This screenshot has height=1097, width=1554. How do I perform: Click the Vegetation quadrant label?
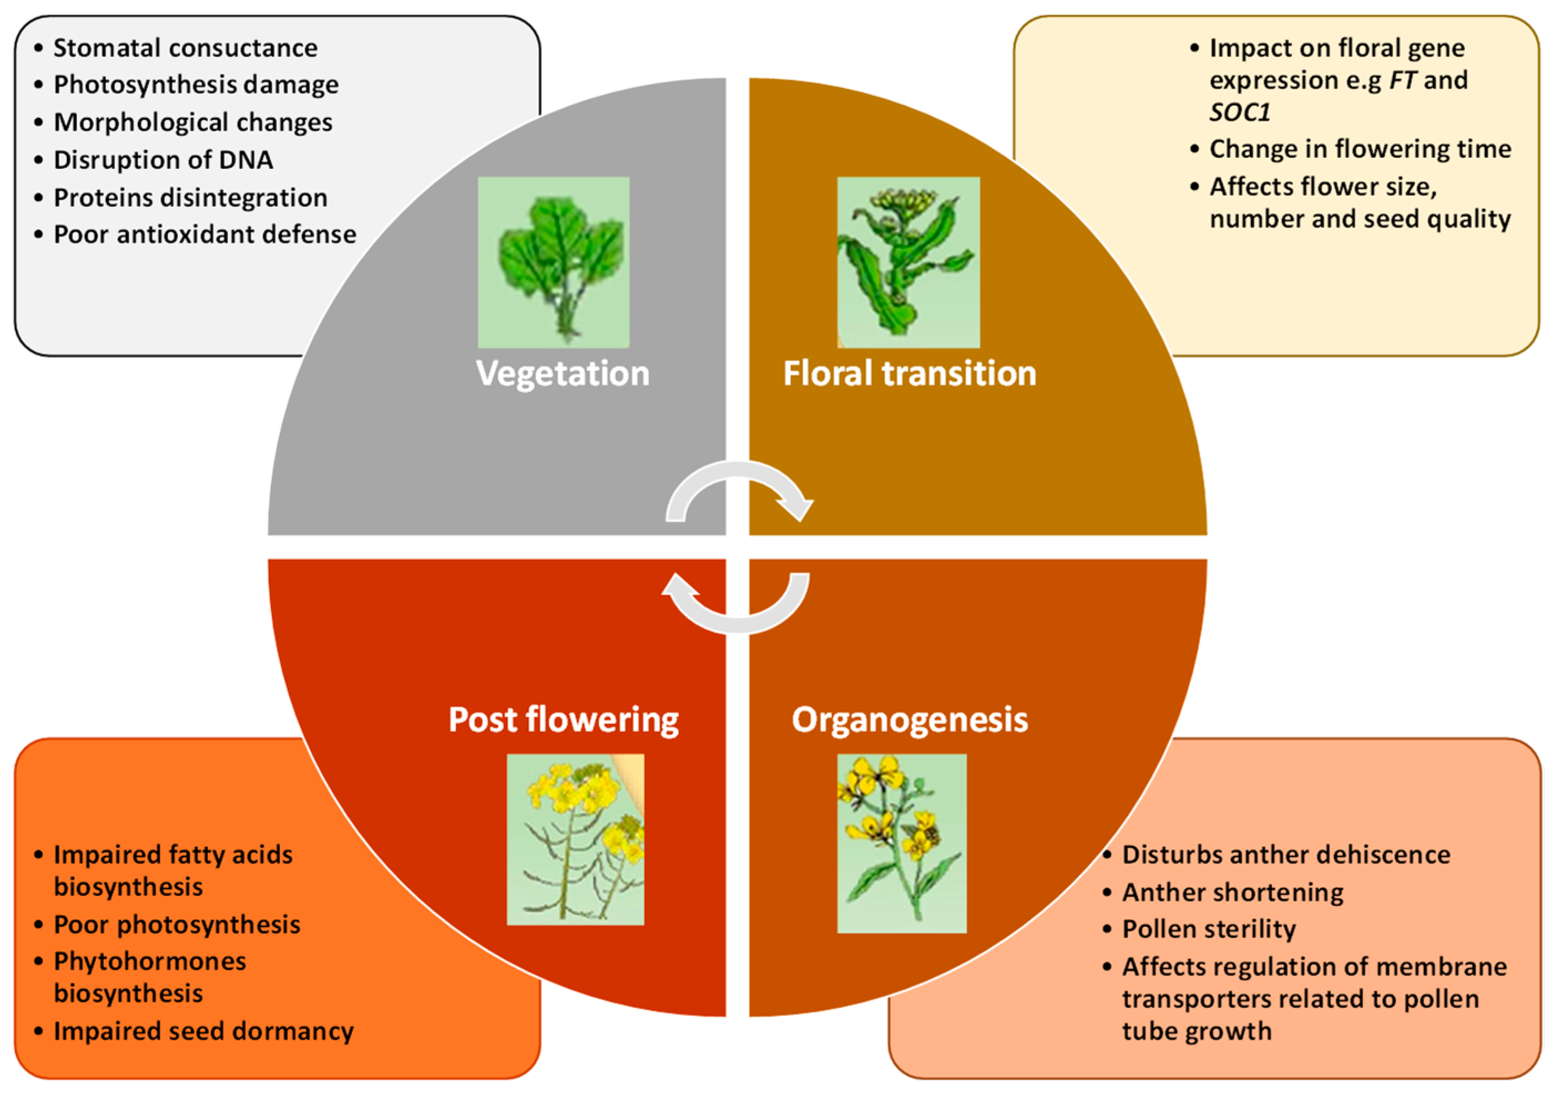pos(563,373)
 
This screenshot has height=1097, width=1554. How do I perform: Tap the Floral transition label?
pos(909,373)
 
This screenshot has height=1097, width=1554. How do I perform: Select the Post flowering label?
pos(563,719)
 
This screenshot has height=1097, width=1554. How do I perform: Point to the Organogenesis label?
pos(909,719)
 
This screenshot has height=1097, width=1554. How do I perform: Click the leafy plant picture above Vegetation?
pos(554,263)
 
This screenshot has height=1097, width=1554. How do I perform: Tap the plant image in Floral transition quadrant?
pos(908,263)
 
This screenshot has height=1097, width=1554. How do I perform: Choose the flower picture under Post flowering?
pos(575,839)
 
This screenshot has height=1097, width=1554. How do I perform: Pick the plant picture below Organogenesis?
pos(902,843)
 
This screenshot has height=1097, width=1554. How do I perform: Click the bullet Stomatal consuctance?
pos(185,48)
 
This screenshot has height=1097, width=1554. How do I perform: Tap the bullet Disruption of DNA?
pos(163,160)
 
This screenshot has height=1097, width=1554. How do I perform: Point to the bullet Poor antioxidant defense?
pos(205,234)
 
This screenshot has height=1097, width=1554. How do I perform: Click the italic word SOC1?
pos(1239,112)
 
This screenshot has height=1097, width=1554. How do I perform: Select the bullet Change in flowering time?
pos(1360,149)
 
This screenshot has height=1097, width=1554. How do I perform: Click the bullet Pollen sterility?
pos(1209,929)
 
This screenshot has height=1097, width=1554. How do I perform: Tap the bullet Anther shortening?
pos(1233,892)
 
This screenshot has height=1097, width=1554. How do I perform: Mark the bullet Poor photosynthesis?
pos(177,925)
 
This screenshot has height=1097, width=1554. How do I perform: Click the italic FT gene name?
pos(1402,80)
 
